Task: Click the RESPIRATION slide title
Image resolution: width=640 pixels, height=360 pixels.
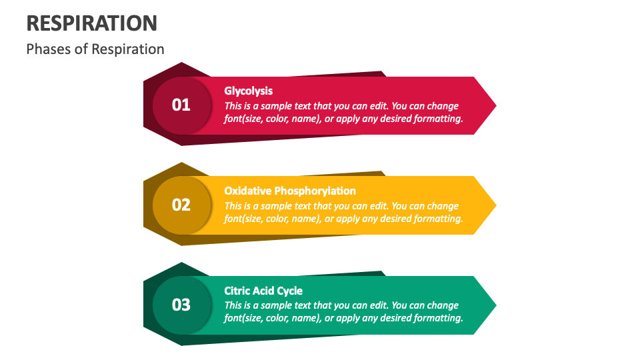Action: click(x=92, y=23)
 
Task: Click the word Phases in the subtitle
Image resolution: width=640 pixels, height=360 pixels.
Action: click(x=48, y=49)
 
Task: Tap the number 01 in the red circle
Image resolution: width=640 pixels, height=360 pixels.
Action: click(x=181, y=105)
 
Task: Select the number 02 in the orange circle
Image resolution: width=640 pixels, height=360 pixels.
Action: click(x=181, y=205)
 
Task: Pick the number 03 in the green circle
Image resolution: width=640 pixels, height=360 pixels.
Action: click(x=181, y=305)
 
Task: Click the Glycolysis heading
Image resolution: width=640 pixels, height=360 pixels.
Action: click(x=248, y=91)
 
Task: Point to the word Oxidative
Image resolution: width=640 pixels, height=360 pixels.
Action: click(x=248, y=191)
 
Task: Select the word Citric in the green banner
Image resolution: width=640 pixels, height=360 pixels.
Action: click(x=237, y=291)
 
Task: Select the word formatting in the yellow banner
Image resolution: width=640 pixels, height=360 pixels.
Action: click(x=436, y=219)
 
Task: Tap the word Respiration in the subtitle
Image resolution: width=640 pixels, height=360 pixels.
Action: click(x=127, y=49)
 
